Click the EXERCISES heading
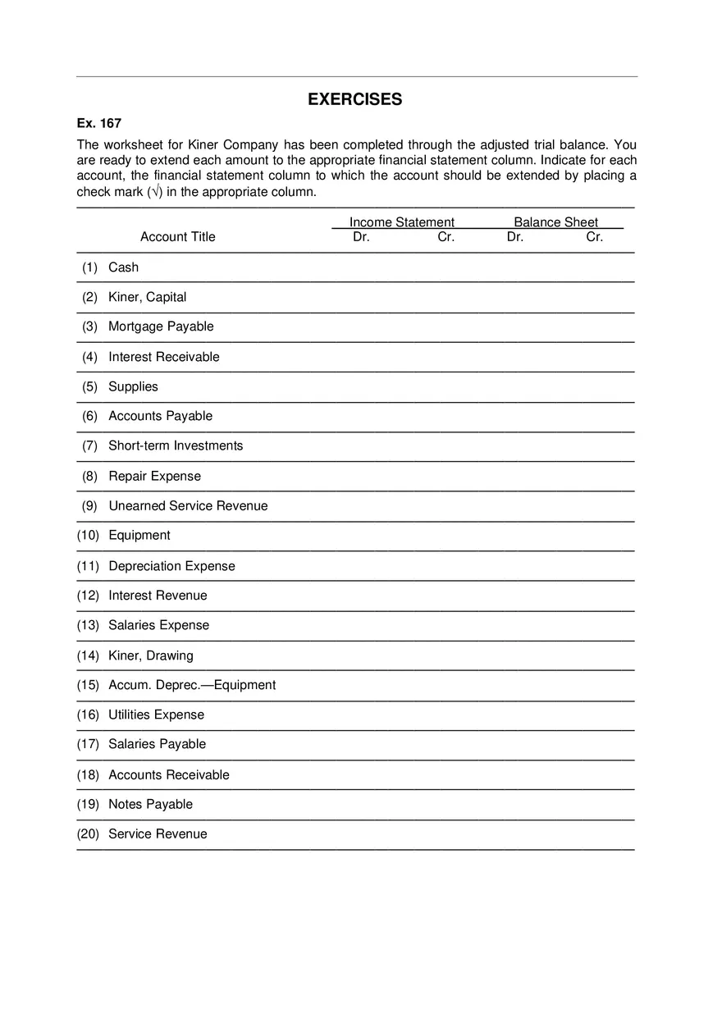coord(354,99)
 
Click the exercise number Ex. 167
coord(98,123)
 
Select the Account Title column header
coord(177,237)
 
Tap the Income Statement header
coord(401,222)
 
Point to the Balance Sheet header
coord(555,222)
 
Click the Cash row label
coord(123,267)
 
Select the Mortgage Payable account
coord(161,327)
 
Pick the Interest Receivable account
coord(163,357)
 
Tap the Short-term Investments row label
coord(176,445)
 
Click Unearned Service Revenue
coord(188,505)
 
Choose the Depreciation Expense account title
coord(171,566)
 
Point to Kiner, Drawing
coord(150,655)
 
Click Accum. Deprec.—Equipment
coord(192,685)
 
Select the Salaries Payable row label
coord(157,744)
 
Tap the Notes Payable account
coord(150,804)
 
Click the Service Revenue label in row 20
coord(158,833)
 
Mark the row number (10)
coord(88,535)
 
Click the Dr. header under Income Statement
coord(361,237)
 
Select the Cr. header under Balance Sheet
coord(594,237)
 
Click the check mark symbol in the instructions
coord(156,192)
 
